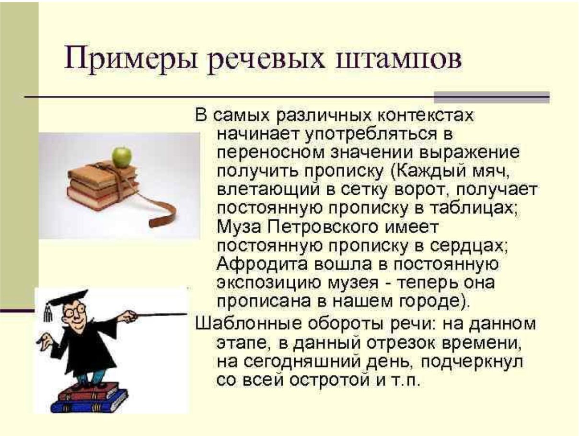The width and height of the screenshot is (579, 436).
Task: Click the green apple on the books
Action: tap(122, 157)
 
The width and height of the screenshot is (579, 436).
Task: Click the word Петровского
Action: tap(323, 227)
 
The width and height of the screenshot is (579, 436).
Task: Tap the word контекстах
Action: tap(426, 116)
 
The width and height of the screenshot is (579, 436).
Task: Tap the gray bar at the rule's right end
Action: tap(492, 97)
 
